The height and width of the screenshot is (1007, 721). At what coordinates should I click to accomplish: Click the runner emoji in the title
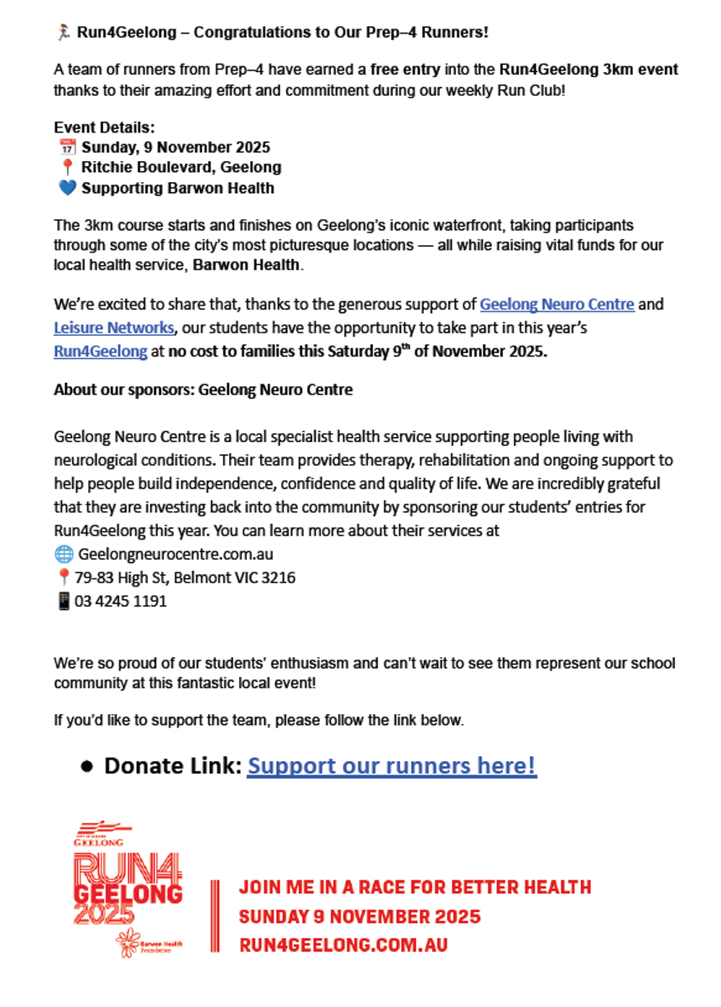(x=63, y=33)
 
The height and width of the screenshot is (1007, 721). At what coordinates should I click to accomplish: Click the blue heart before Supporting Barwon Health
(x=67, y=188)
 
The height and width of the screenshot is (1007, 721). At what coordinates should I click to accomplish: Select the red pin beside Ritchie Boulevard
(x=68, y=168)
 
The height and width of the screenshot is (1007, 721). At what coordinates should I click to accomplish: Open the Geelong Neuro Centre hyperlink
(x=556, y=305)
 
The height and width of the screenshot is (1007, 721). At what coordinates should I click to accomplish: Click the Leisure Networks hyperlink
(x=114, y=328)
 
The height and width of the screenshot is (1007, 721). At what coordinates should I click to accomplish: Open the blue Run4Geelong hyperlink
(x=100, y=352)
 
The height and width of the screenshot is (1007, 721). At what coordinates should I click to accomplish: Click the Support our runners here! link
(x=391, y=765)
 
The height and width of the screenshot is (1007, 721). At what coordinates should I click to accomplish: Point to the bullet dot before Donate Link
(x=86, y=766)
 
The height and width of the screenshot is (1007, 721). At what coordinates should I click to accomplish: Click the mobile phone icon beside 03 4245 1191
(x=63, y=602)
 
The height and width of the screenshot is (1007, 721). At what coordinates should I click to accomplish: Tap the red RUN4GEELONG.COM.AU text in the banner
(x=343, y=945)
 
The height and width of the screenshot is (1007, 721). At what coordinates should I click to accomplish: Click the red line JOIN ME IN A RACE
(x=415, y=888)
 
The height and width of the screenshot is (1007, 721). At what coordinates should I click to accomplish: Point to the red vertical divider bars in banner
(x=215, y=916)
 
